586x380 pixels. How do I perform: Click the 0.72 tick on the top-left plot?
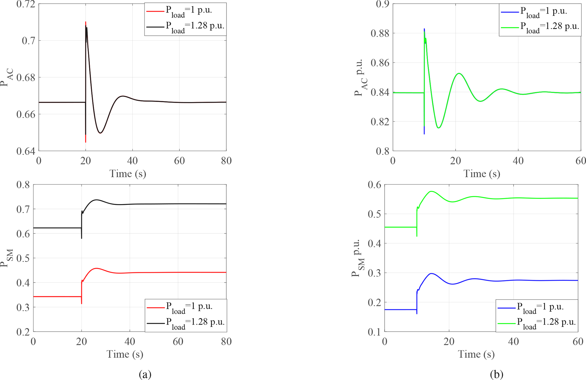26,4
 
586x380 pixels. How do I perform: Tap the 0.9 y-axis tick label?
382,4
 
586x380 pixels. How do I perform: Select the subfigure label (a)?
145,374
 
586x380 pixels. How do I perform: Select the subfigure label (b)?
496,374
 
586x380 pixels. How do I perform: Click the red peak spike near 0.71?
86,22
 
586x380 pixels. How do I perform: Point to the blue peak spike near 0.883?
424,29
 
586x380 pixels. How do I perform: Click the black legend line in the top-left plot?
155,27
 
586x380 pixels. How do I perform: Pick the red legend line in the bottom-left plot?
155,307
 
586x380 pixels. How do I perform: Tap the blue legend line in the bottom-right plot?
506,308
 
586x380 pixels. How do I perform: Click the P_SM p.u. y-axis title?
357,258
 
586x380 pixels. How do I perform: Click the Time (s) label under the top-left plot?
128,173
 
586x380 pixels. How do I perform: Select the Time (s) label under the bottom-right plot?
476,354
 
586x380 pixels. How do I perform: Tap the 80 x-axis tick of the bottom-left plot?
226,341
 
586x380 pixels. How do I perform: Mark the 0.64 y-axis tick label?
26,151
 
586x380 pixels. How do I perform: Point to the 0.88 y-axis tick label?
380,33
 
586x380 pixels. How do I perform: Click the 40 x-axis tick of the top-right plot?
518,161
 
